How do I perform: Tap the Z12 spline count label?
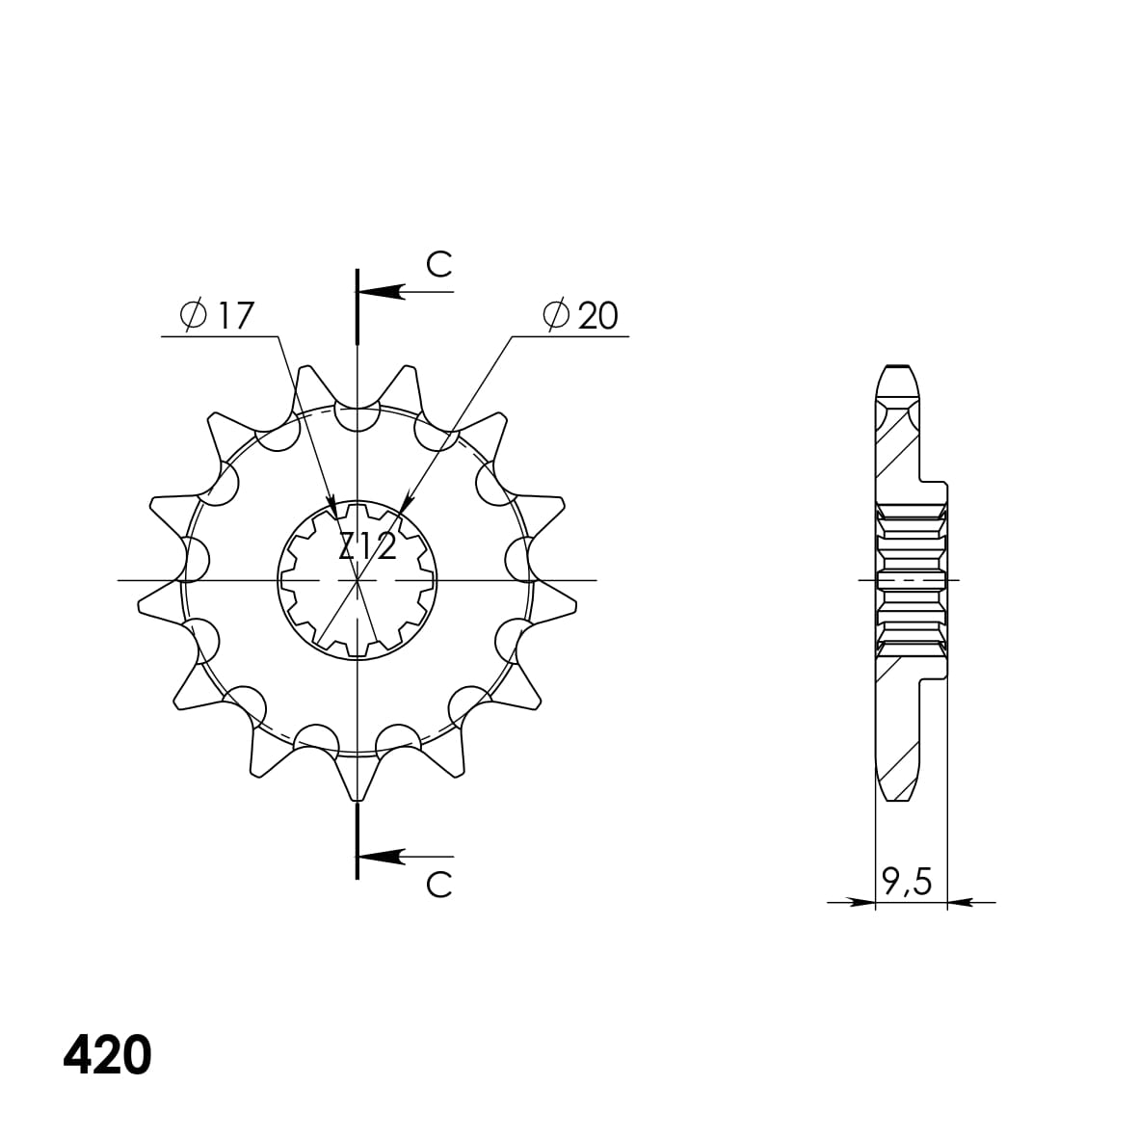click(367, 547)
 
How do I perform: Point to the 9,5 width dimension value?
click(907, 881)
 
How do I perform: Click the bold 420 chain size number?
click(107, 1056)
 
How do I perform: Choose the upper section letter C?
click(438, 265)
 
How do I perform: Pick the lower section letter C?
click(438, 884)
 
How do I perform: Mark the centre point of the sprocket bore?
click(358, 580)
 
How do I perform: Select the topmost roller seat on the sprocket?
click(358, 419)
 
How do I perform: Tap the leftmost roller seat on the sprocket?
click(196, 560)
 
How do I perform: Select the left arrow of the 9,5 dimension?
click(862, 903)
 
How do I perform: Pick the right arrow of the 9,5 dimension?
click(960, 903)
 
